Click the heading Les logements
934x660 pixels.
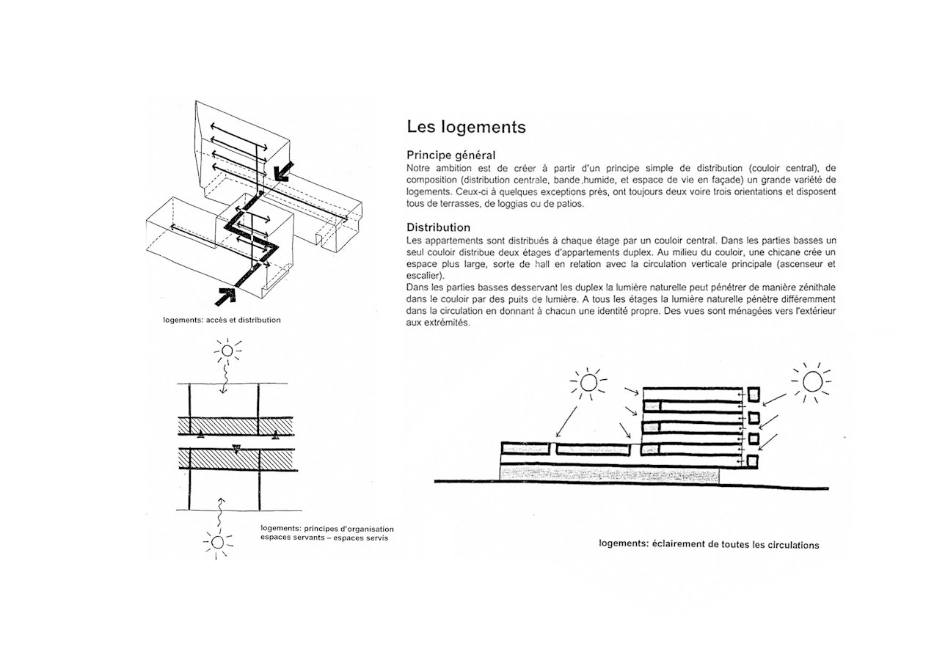tap(466, 127)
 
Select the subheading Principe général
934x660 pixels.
tap(451, 155)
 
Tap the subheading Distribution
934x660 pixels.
tap(439, 227)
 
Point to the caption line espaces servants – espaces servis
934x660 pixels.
tap(324, 538)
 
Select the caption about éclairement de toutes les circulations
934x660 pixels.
tap(709, 545)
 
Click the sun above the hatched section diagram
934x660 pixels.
tap(227, 351)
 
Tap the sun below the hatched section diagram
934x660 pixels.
tap(217, 543)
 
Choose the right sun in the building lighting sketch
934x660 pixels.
tap(811, 381)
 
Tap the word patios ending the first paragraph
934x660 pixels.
tap(570, 204)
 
